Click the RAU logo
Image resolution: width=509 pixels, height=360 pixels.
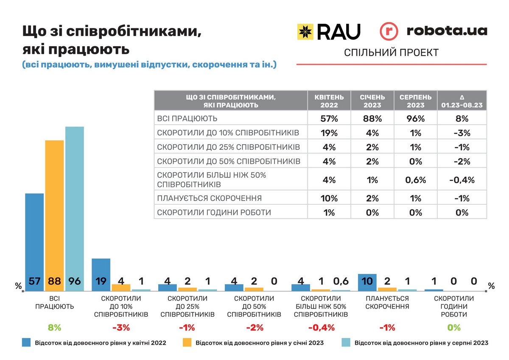[x=329, y=32]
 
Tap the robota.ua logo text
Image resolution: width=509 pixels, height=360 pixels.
[x=447, y=31]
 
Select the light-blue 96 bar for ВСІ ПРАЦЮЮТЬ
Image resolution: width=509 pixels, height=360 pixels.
[x=74, y=208]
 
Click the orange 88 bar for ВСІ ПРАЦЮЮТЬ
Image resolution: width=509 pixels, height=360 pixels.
[x=54, y=214]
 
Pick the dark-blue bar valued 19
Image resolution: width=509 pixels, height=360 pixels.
[x=101, y=274]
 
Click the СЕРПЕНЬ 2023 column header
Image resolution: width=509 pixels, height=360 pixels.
[x=415, y=100]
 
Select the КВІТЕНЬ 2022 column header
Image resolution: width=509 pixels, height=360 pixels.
[x=329, y=100]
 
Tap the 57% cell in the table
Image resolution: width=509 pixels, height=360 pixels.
[x=329, y=119]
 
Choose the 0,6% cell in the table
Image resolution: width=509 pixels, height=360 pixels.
[x=415, y=180]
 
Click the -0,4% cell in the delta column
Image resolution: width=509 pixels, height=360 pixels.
[x=462, y=180]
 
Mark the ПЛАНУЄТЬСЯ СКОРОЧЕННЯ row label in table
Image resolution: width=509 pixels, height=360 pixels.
[x=210, y=198]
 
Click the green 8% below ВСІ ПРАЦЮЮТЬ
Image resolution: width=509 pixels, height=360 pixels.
[x=54, y=327]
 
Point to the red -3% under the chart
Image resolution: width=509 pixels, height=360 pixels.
[x=121, y=327]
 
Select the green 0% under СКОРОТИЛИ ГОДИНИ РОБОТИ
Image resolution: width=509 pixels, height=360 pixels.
[x=453, y=327]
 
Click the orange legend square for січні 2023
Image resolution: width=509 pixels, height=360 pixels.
[x=186, y=343]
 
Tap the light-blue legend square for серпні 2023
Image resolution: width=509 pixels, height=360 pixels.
[x=345, y=343]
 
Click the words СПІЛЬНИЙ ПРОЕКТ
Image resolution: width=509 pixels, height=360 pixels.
[x=391, y=53]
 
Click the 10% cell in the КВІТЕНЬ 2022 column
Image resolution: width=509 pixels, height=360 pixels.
[x=329, y=198]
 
